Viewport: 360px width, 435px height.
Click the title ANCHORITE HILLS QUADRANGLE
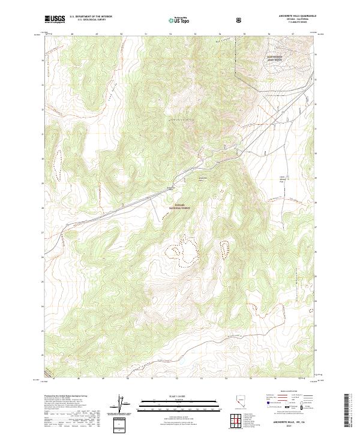293,16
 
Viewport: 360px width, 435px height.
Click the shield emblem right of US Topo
241,20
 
